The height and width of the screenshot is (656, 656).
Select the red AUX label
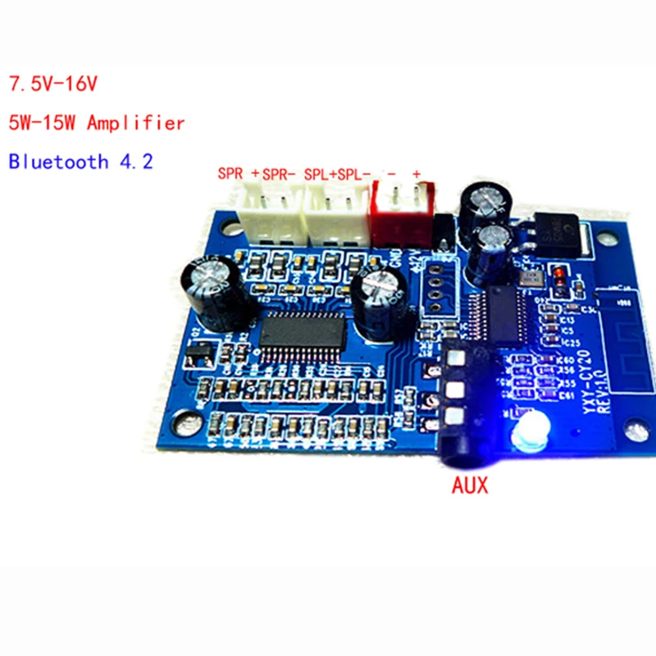[x=470, y=485]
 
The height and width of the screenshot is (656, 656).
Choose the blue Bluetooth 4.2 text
[x=80, y=161]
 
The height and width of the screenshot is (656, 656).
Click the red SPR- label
[x=281, y=174]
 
